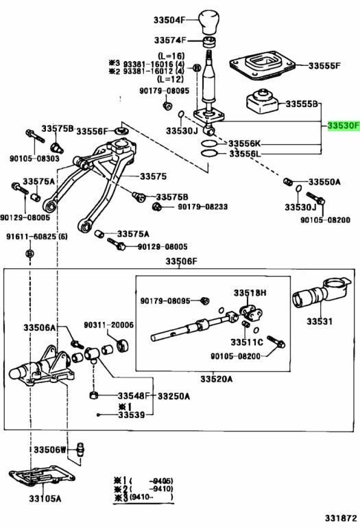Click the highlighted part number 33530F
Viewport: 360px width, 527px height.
(342, 126)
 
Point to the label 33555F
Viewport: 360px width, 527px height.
(324, 66)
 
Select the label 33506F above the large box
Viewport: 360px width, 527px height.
(180, 261)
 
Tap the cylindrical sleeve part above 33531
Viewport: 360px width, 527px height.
(315, 297)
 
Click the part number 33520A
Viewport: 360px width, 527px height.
(217, 379)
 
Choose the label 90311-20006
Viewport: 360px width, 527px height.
(109, 325)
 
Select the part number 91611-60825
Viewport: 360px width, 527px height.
(38, 237)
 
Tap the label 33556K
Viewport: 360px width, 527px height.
(245, 143)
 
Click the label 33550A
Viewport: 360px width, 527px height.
(324, 183)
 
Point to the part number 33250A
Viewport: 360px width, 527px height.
(173, 396)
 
